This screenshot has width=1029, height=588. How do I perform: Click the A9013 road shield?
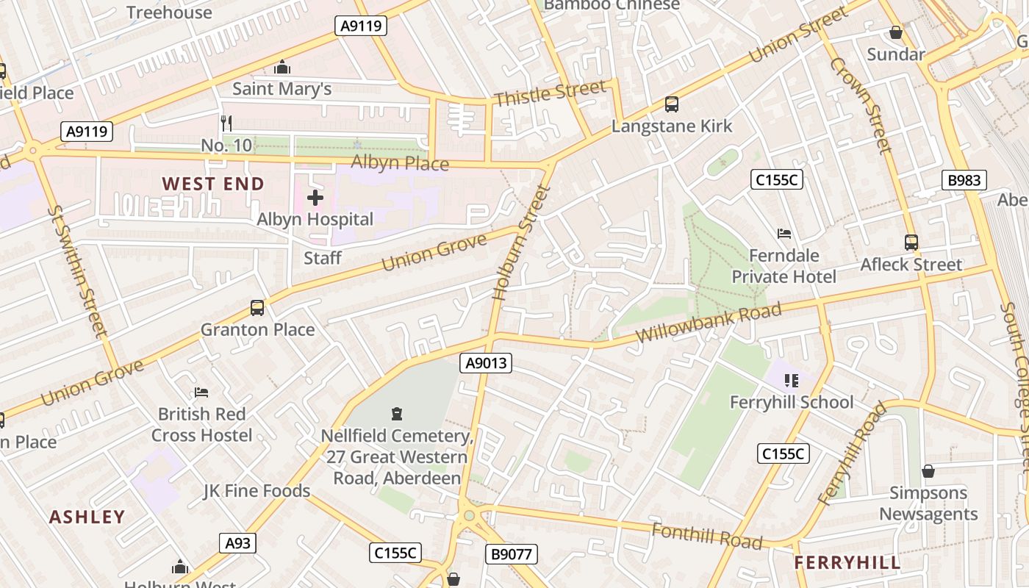486,363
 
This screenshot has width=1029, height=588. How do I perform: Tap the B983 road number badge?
964,180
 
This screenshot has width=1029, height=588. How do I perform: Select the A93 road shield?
237,543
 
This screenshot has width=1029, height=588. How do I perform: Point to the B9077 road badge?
512,554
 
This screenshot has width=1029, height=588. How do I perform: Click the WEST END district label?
213,184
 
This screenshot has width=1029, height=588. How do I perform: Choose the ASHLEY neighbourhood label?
87,517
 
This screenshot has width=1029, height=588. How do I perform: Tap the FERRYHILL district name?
847,563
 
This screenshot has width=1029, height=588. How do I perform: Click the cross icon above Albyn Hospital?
315,198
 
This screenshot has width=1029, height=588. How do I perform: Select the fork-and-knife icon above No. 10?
226,123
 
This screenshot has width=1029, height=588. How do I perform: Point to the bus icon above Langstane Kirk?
672,104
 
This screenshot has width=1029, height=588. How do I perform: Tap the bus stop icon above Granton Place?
257,308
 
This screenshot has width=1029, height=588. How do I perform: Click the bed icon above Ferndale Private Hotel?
784,234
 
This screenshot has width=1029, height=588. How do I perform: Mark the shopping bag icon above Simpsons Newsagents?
928,471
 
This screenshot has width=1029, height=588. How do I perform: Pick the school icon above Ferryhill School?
792,380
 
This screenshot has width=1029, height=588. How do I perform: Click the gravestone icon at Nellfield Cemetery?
398,414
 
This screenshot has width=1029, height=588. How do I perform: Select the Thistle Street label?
551,93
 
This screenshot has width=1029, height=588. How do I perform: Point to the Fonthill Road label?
707,536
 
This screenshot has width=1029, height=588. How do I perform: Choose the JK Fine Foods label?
257,491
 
